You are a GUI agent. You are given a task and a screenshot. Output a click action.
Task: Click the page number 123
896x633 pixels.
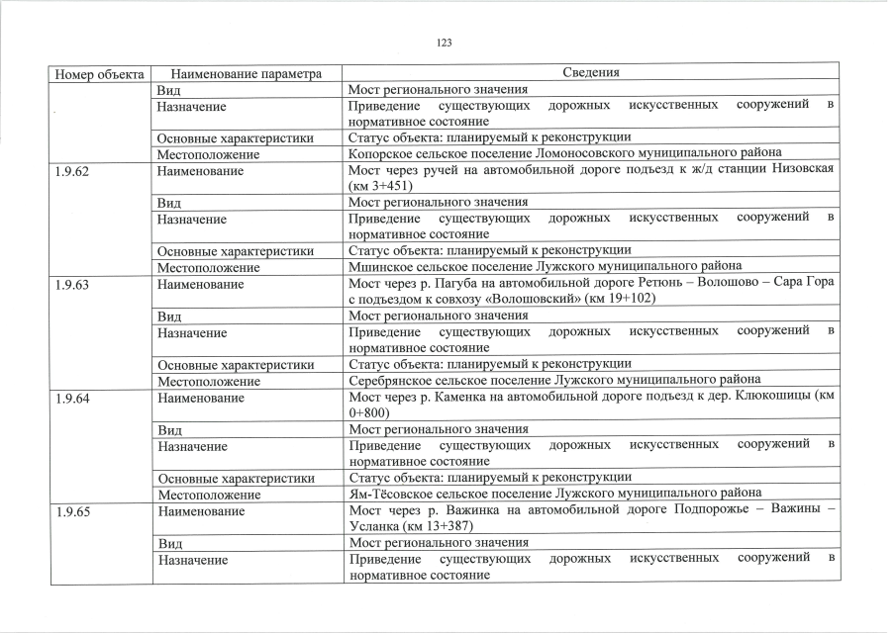(444, 43)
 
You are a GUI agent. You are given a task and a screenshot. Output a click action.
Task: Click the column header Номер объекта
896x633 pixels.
(100, 73)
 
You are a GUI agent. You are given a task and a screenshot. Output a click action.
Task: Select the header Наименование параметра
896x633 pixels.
(247, 73)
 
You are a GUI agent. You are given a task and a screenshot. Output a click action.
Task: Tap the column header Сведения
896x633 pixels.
(591, 72)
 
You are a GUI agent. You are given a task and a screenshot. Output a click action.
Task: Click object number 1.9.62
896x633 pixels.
(72, 171)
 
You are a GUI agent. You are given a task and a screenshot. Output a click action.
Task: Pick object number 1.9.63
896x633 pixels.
(72, 284)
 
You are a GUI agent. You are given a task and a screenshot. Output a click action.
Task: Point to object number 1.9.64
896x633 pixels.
(72, 398)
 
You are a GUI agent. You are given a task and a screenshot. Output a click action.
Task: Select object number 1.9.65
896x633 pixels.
(72, 510)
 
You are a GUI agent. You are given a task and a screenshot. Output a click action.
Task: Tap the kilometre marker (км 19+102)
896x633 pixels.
(619, 299)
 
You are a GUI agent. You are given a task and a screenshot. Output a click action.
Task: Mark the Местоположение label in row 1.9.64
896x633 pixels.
(208, 494)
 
